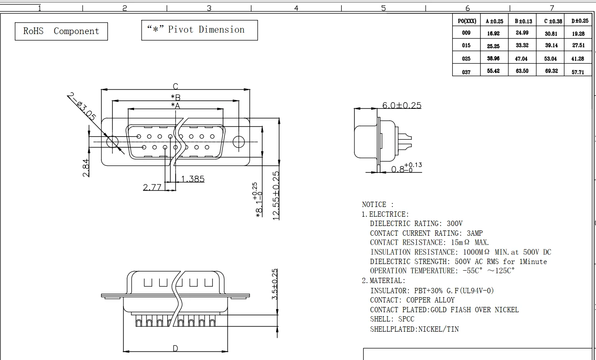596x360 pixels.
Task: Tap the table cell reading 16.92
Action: click(493, 33)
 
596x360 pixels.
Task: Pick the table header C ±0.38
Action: click(553, 21)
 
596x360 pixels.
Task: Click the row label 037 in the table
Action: click(466, 72)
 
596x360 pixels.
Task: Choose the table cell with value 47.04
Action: click(521, 58)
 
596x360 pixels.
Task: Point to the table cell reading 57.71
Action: click(578, 72)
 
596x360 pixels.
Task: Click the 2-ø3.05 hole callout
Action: click(81, 106)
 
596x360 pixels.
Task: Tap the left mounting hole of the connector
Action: click(112, 142)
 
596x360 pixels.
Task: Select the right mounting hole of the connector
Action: click(238, 142)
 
